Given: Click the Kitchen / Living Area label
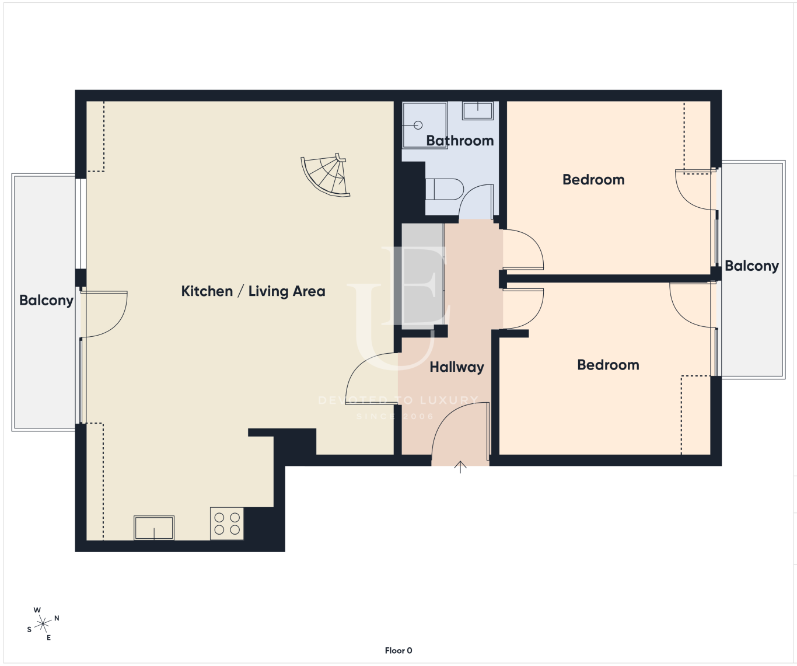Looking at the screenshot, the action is pos(253,291).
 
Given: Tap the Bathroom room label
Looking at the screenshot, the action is pos(460,141).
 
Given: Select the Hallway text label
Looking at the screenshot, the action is pos(456,367).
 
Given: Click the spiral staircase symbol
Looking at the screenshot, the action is pos(326,175).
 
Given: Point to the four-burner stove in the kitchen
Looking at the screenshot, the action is pos(227,524).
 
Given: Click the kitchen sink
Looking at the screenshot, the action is pos(154,528).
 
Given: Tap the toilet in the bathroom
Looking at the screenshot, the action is pos(445,189).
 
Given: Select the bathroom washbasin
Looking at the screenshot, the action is pos(477,111).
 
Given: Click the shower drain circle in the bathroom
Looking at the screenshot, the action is pos(418,125).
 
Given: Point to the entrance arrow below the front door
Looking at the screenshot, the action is pos(460,467).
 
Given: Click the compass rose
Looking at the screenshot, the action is pos(43,624).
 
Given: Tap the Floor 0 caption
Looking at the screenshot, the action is pos(398,650).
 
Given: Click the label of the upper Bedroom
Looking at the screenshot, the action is pos(593,179).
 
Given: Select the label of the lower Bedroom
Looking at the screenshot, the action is pos(608,365).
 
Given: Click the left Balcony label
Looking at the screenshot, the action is pos(46,301).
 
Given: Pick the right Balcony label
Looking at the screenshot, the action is pos(751,266).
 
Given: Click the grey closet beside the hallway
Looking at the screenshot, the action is pos(423,277).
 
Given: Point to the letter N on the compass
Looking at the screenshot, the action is pos(57,618).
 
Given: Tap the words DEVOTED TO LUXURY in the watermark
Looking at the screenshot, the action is pos(398,400).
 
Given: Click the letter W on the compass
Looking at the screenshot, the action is pos(37,610).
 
